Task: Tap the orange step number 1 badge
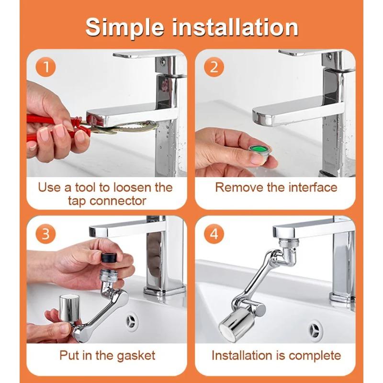coord(46,67)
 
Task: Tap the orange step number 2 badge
coord(214,67)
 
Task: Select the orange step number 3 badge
coord(46,234)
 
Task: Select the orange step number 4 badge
coord(214,234)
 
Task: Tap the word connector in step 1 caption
coord(119,200)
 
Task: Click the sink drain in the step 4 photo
coord(315,331)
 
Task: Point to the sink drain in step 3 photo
coord(132,319)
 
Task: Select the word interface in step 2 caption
coord(309,187)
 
